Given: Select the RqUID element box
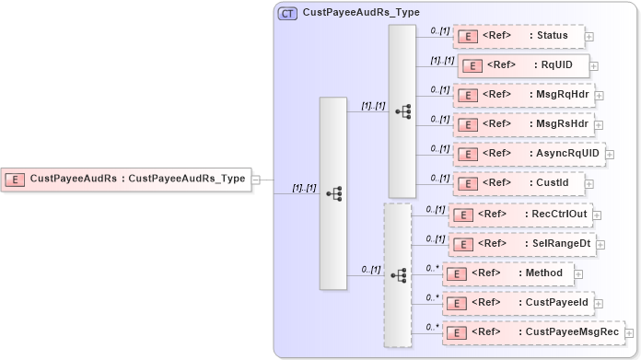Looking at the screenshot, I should click(523, 66).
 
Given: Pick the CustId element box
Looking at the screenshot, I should click(519, 182).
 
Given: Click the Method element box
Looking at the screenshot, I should click(508, 273).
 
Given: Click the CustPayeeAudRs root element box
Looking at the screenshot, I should click(127, 179).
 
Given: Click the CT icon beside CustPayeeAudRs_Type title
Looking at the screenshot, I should click(287, 14).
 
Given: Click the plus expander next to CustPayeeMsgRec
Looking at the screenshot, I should click(630, 332).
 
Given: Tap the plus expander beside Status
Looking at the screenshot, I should click(589, 38).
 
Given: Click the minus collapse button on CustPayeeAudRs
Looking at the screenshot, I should click(256, 180).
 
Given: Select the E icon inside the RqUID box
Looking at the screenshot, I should click(472, 66).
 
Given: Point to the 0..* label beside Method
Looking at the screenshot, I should click(432, 268).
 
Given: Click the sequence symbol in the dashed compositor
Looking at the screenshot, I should click(399, 274).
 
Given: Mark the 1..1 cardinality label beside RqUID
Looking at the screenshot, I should click(442, 61).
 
